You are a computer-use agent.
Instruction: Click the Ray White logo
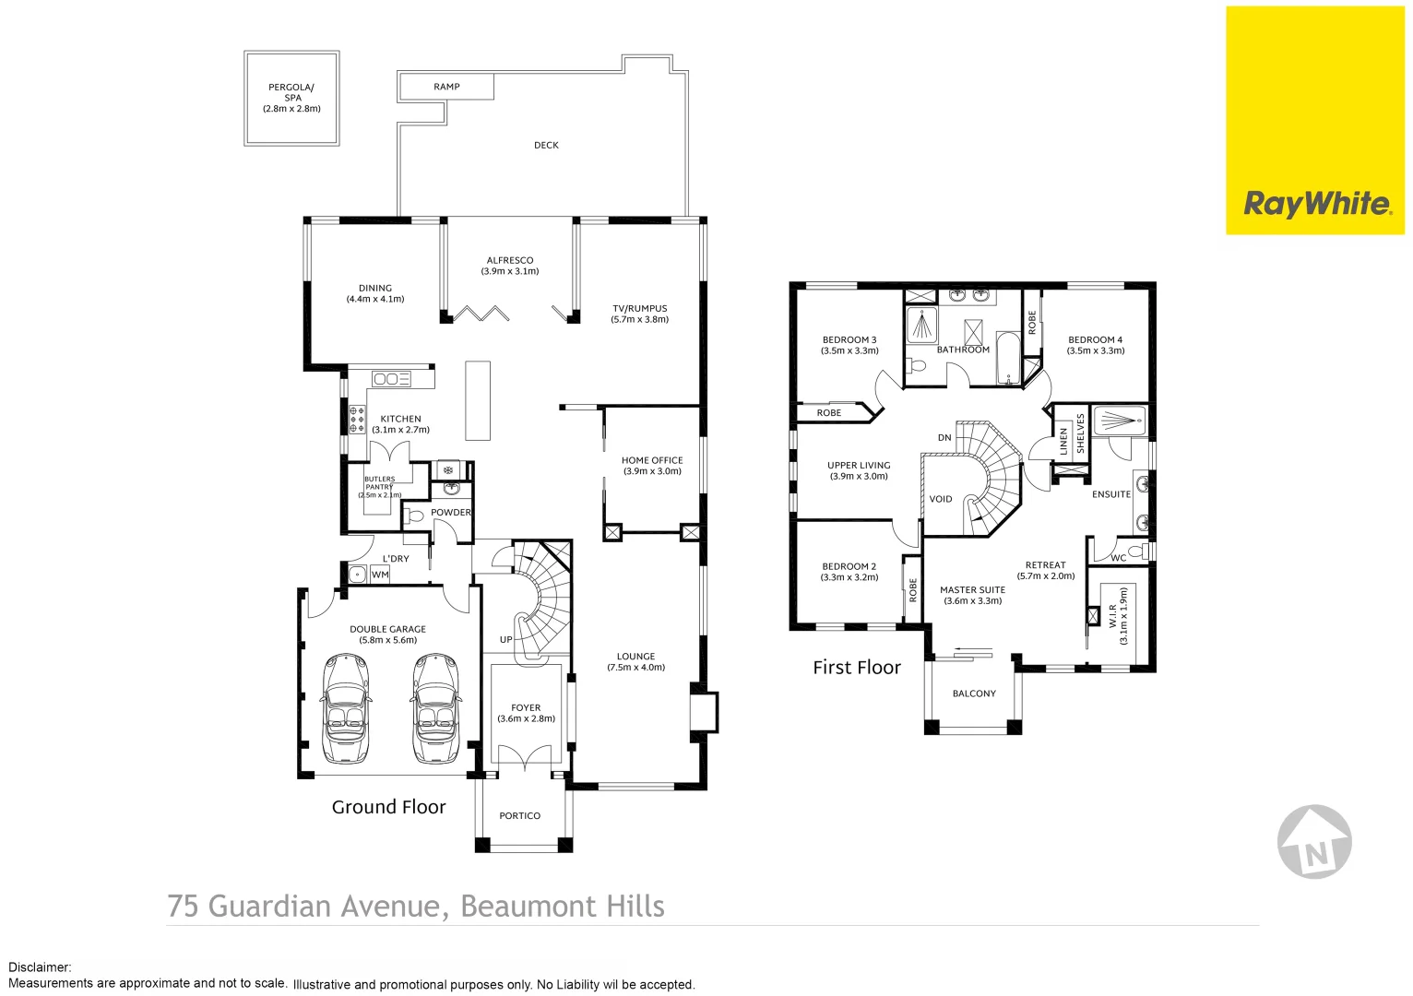click(1316, 204)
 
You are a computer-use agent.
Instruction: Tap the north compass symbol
click(1314, 842)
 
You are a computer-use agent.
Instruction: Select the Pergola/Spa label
click(291, 98)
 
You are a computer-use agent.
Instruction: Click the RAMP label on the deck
click(446, 87)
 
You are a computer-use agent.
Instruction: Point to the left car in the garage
click(346, 708)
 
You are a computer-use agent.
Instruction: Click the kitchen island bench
click(477, 401)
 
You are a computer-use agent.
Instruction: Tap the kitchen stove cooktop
click(357, 420)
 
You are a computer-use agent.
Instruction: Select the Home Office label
click(652, 466)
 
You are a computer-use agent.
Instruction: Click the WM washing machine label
click(380, 575)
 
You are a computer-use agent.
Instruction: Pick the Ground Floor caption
click(388, 808)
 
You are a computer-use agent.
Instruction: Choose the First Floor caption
click(856, 668)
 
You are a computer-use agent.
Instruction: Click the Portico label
click(519, 816)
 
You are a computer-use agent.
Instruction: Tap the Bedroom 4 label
click(1095, 345)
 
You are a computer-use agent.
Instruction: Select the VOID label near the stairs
click(941, 499)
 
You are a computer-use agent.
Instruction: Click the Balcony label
click(974, 694)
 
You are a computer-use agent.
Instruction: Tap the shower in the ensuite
click(1120, 421)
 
